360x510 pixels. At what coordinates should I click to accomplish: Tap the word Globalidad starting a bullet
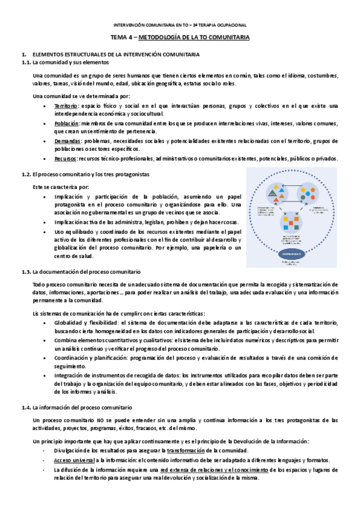(68, 322)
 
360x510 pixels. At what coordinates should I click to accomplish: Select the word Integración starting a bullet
(69, 375)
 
